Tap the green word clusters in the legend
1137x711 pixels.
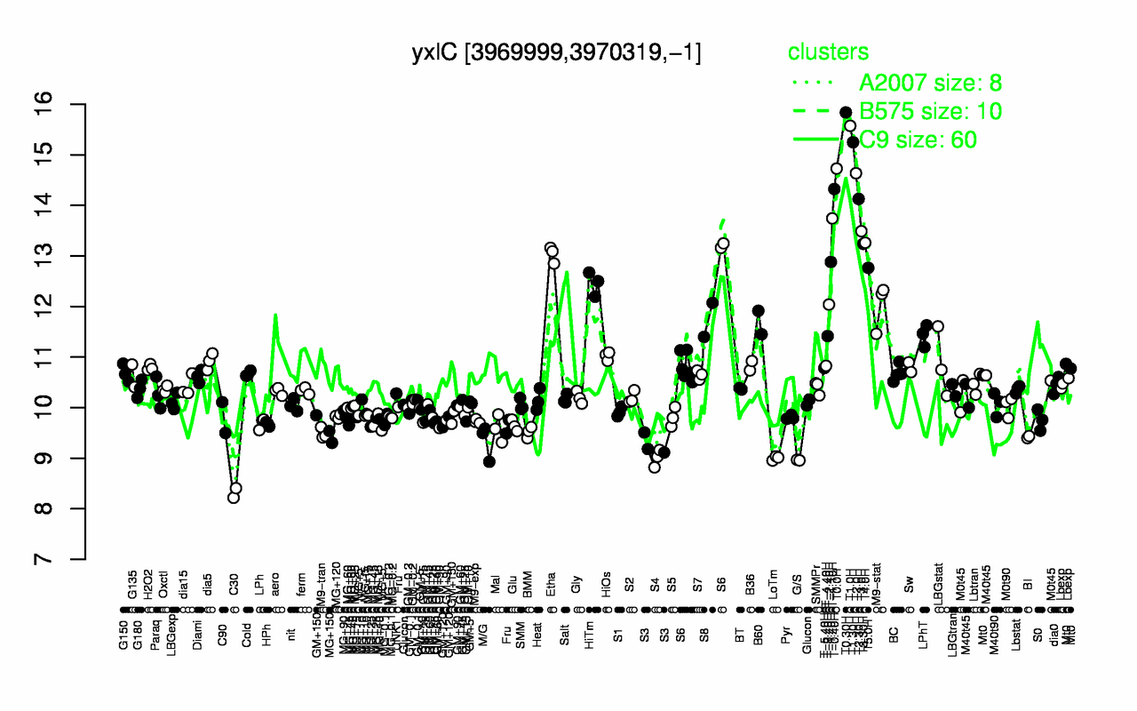click(828, 53)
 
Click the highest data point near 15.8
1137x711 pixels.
click(846, 113)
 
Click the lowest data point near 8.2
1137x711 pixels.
click(234, 497)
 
